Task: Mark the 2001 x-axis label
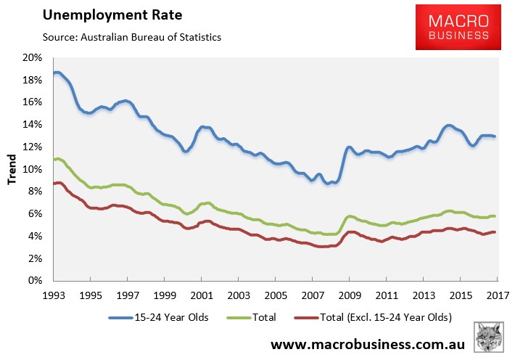pyautogui.click(x=201, y=296)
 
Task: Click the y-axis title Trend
pyautogui.click(x=12, y=169)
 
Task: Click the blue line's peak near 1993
pyautogui.click(x=57, y=73)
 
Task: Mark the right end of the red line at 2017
pyautogui.click(x=495, y=232)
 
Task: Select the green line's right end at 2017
pyautogui.click(x=495, y=216)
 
